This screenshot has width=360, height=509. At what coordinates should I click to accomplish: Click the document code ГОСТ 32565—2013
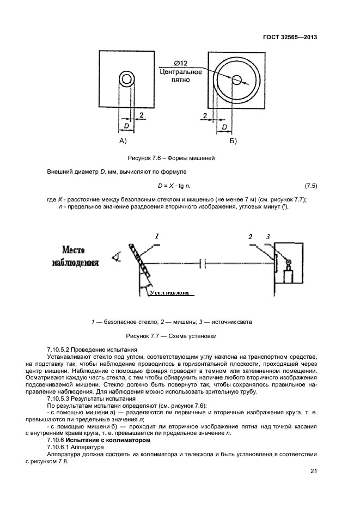(289, 38)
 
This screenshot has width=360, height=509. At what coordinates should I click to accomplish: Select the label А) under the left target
(122, 141)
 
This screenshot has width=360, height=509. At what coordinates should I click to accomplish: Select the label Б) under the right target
(234, 141)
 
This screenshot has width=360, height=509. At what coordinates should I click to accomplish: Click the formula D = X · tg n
(177, 186)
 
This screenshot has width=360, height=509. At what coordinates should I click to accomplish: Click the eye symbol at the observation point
(115, 257)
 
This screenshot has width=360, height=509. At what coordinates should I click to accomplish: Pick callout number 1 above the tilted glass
(157, 236)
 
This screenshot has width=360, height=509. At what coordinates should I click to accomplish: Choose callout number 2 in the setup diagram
(250, 237)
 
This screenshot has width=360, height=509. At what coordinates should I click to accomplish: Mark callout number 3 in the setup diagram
(268, 237)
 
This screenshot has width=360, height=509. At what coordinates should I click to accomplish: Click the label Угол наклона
(169, 292)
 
